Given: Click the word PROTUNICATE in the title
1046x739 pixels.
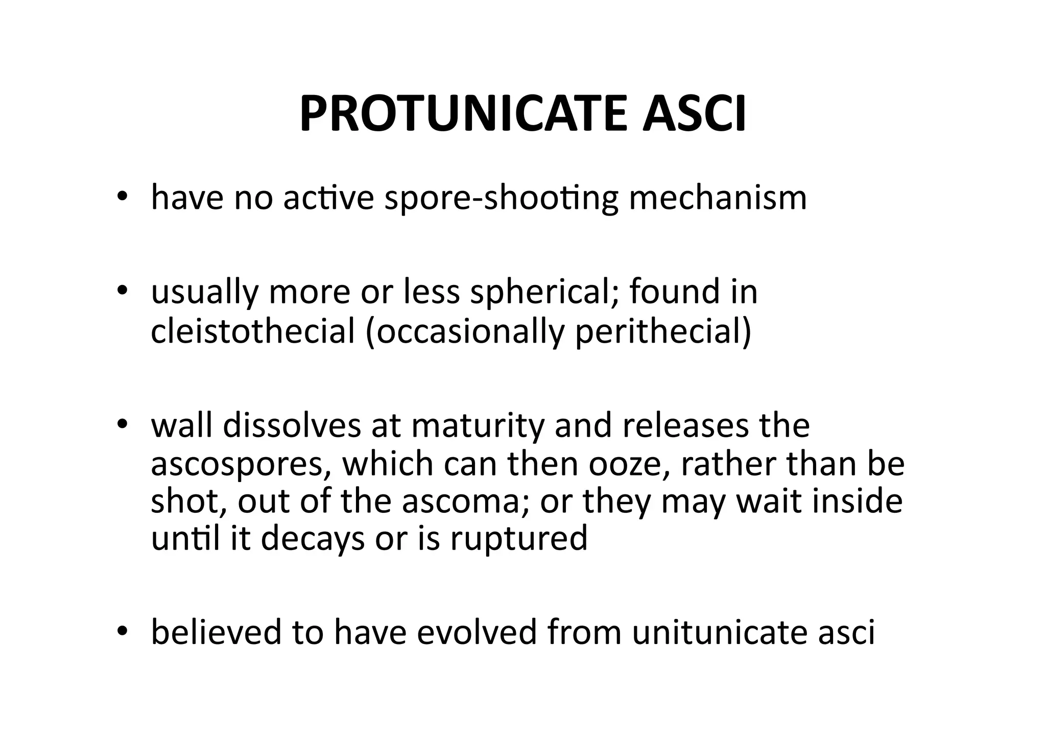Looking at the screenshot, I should [462, 114].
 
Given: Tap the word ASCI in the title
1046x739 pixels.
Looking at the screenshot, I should [695, 114].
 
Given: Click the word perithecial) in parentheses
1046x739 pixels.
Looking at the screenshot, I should [663, 332].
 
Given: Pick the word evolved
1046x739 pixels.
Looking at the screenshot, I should [477, 632].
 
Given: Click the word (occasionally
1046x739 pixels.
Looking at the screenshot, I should [465, 332].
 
